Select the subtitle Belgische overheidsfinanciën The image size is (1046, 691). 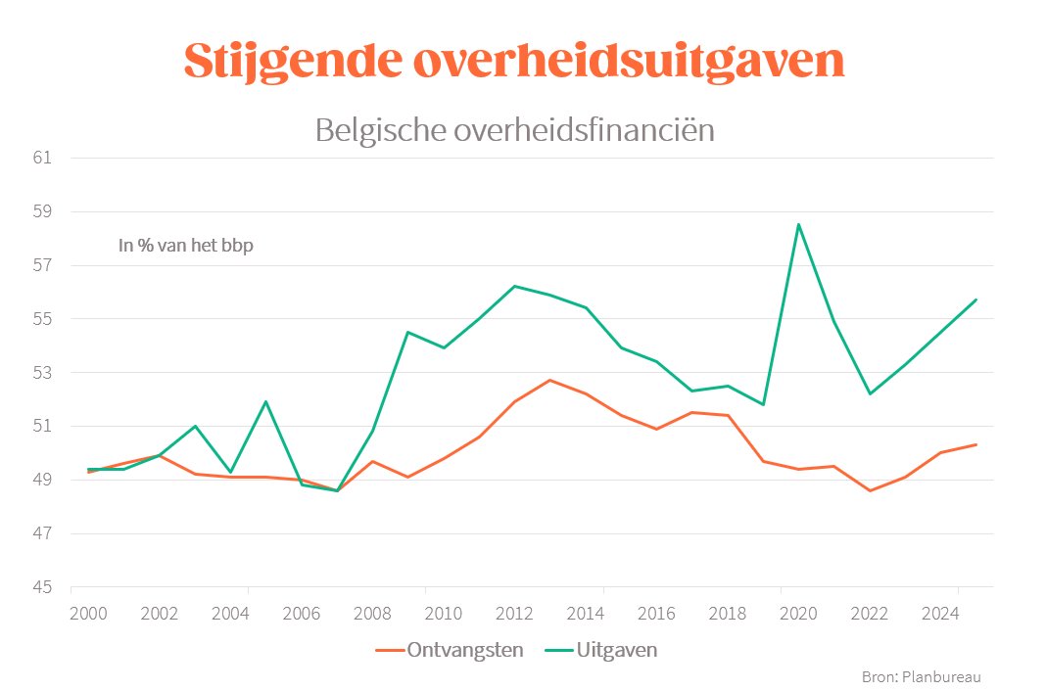tap(514, 129)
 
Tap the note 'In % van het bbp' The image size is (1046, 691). tap(185, 246)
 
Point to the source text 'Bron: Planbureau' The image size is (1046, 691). tap(921, 676)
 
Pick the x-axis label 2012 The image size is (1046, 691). tap(513, 614)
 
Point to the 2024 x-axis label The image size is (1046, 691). tap(939, 614)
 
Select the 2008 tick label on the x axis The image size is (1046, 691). tap(371, 614)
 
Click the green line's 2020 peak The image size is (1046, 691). tap(799, 224)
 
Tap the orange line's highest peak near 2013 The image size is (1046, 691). tap(549, 380)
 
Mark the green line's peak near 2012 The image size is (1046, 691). tap(514, 286)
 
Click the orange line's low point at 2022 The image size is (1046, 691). tap(870, 490)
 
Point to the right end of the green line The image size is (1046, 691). tap(976, 299)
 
